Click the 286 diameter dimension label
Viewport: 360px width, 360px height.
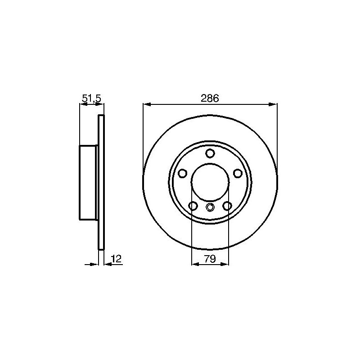[x=210, y=98]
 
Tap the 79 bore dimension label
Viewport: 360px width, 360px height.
[x=210, y=259]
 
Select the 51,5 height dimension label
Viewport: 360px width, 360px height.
[x=91, y=99]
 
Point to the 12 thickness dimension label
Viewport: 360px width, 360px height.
[x=116, y=259]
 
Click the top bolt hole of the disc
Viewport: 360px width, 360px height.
[x=210, y=153]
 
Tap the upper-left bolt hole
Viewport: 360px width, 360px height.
[x=183, y=173]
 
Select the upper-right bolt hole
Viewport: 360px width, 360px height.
[x=238, y=173]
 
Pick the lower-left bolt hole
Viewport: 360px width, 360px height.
[x=193, y=206]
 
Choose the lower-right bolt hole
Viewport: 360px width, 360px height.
[x=227, y=206]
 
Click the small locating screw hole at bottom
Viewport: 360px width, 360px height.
[x=210, y=207]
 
